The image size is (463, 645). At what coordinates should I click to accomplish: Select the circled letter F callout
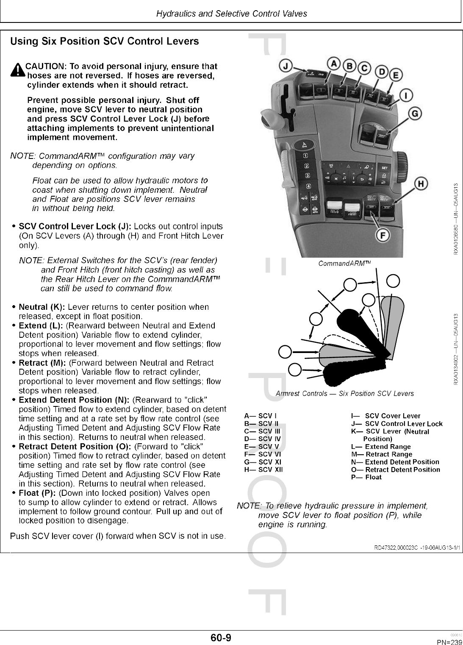tap(383, 236)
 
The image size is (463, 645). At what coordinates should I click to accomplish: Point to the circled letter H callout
tap(420, 184)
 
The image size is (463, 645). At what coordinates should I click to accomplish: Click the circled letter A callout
tap(334, 64)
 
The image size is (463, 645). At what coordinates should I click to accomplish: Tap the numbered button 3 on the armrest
tap(308, 175)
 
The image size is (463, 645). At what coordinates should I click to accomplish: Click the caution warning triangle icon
tap(17, 70)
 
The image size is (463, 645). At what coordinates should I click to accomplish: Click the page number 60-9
tap(221, 637)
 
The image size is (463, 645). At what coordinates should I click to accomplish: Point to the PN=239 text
tap(449, 642)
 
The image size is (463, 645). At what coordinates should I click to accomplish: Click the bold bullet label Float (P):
tap(38, 493)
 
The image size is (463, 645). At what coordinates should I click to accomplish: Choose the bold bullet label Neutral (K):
tap(42, 307)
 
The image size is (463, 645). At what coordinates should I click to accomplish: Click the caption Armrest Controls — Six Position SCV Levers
tap(344, 394)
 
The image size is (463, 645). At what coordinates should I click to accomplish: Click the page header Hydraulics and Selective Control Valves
tap(231, 14)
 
